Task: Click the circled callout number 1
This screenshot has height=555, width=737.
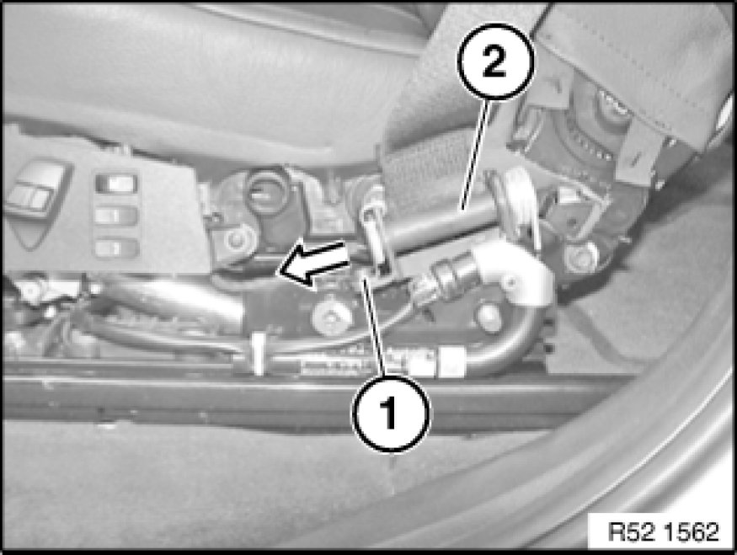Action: pyautogui.click(x=391, y=414)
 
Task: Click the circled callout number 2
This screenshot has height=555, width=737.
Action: pyautogui.click(x=495, y=61)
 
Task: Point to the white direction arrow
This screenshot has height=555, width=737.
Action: pyautogui.click(x=313, y=262)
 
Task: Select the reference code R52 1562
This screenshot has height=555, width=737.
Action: pyautogui.click(x=663, y=531)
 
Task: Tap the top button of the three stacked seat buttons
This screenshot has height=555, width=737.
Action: pyautogui.click(x=116, y=183)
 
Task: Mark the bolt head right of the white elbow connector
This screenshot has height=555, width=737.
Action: pyautogui.click(x=581, y=257)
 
